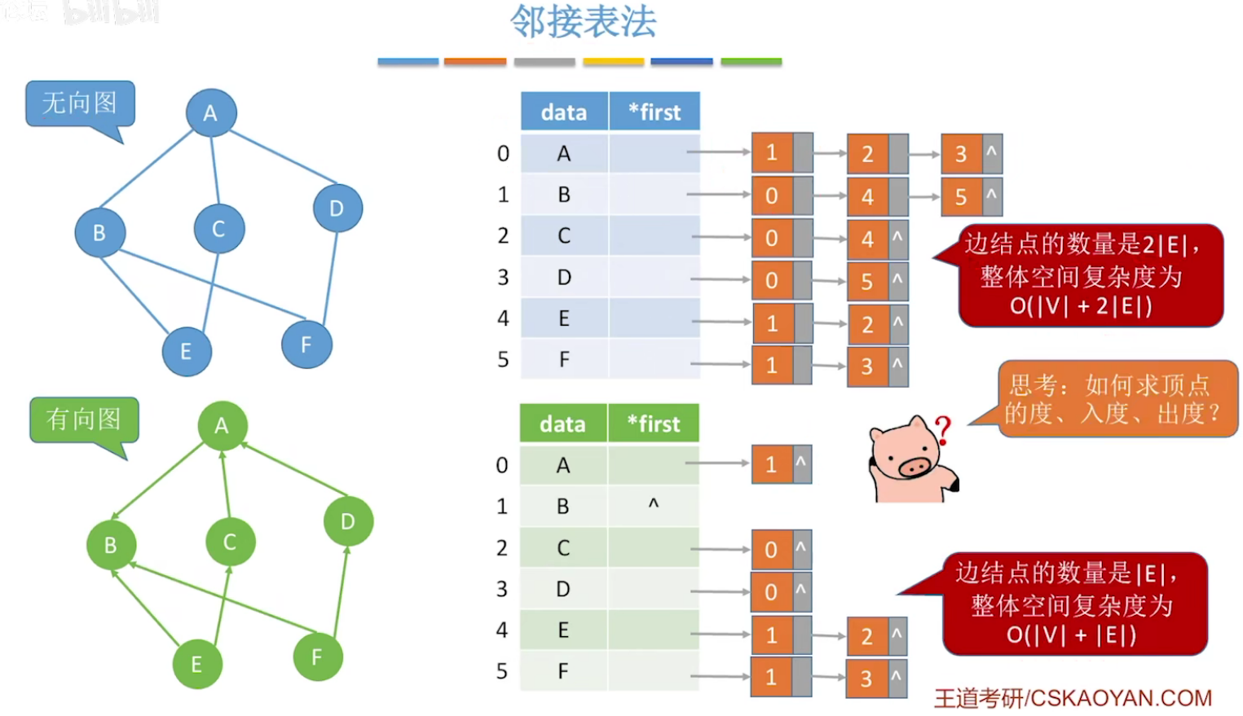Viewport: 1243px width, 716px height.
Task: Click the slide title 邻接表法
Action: click(x=584, y=22)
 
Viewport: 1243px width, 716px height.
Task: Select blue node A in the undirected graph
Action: click(x=211, y=112)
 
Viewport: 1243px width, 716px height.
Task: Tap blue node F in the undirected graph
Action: click(x=306, y=345)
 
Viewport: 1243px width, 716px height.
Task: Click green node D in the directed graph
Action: click(x=348, y=521)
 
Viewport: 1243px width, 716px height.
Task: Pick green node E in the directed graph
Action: click(x=196, y=664)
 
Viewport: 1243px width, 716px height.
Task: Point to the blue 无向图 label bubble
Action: click(x=80, y=103)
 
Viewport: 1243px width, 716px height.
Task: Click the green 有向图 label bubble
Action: click(x=84, y=419)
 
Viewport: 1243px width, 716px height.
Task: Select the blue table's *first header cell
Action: click(x=655, y=112)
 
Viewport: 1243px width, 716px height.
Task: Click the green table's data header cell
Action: click(x=562, y=424)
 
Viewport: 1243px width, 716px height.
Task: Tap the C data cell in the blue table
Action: click(x=564, y=236)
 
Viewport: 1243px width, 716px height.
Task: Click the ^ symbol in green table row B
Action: click(x=653, y=505)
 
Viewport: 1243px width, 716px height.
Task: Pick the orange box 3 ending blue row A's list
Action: click(x=962, y=154)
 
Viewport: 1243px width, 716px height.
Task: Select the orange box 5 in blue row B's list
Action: click(x=962, y=196)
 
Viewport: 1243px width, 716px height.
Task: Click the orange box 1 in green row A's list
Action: click(x=771, y=464)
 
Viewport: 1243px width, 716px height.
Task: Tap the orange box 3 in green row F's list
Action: click(x=866, y=678)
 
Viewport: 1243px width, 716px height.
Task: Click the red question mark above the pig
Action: click(x=943, y=429)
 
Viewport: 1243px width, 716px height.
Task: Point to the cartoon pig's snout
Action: click(x=914, y=467)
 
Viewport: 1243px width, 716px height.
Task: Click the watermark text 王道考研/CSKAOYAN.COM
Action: click(x=1073, y=698)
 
